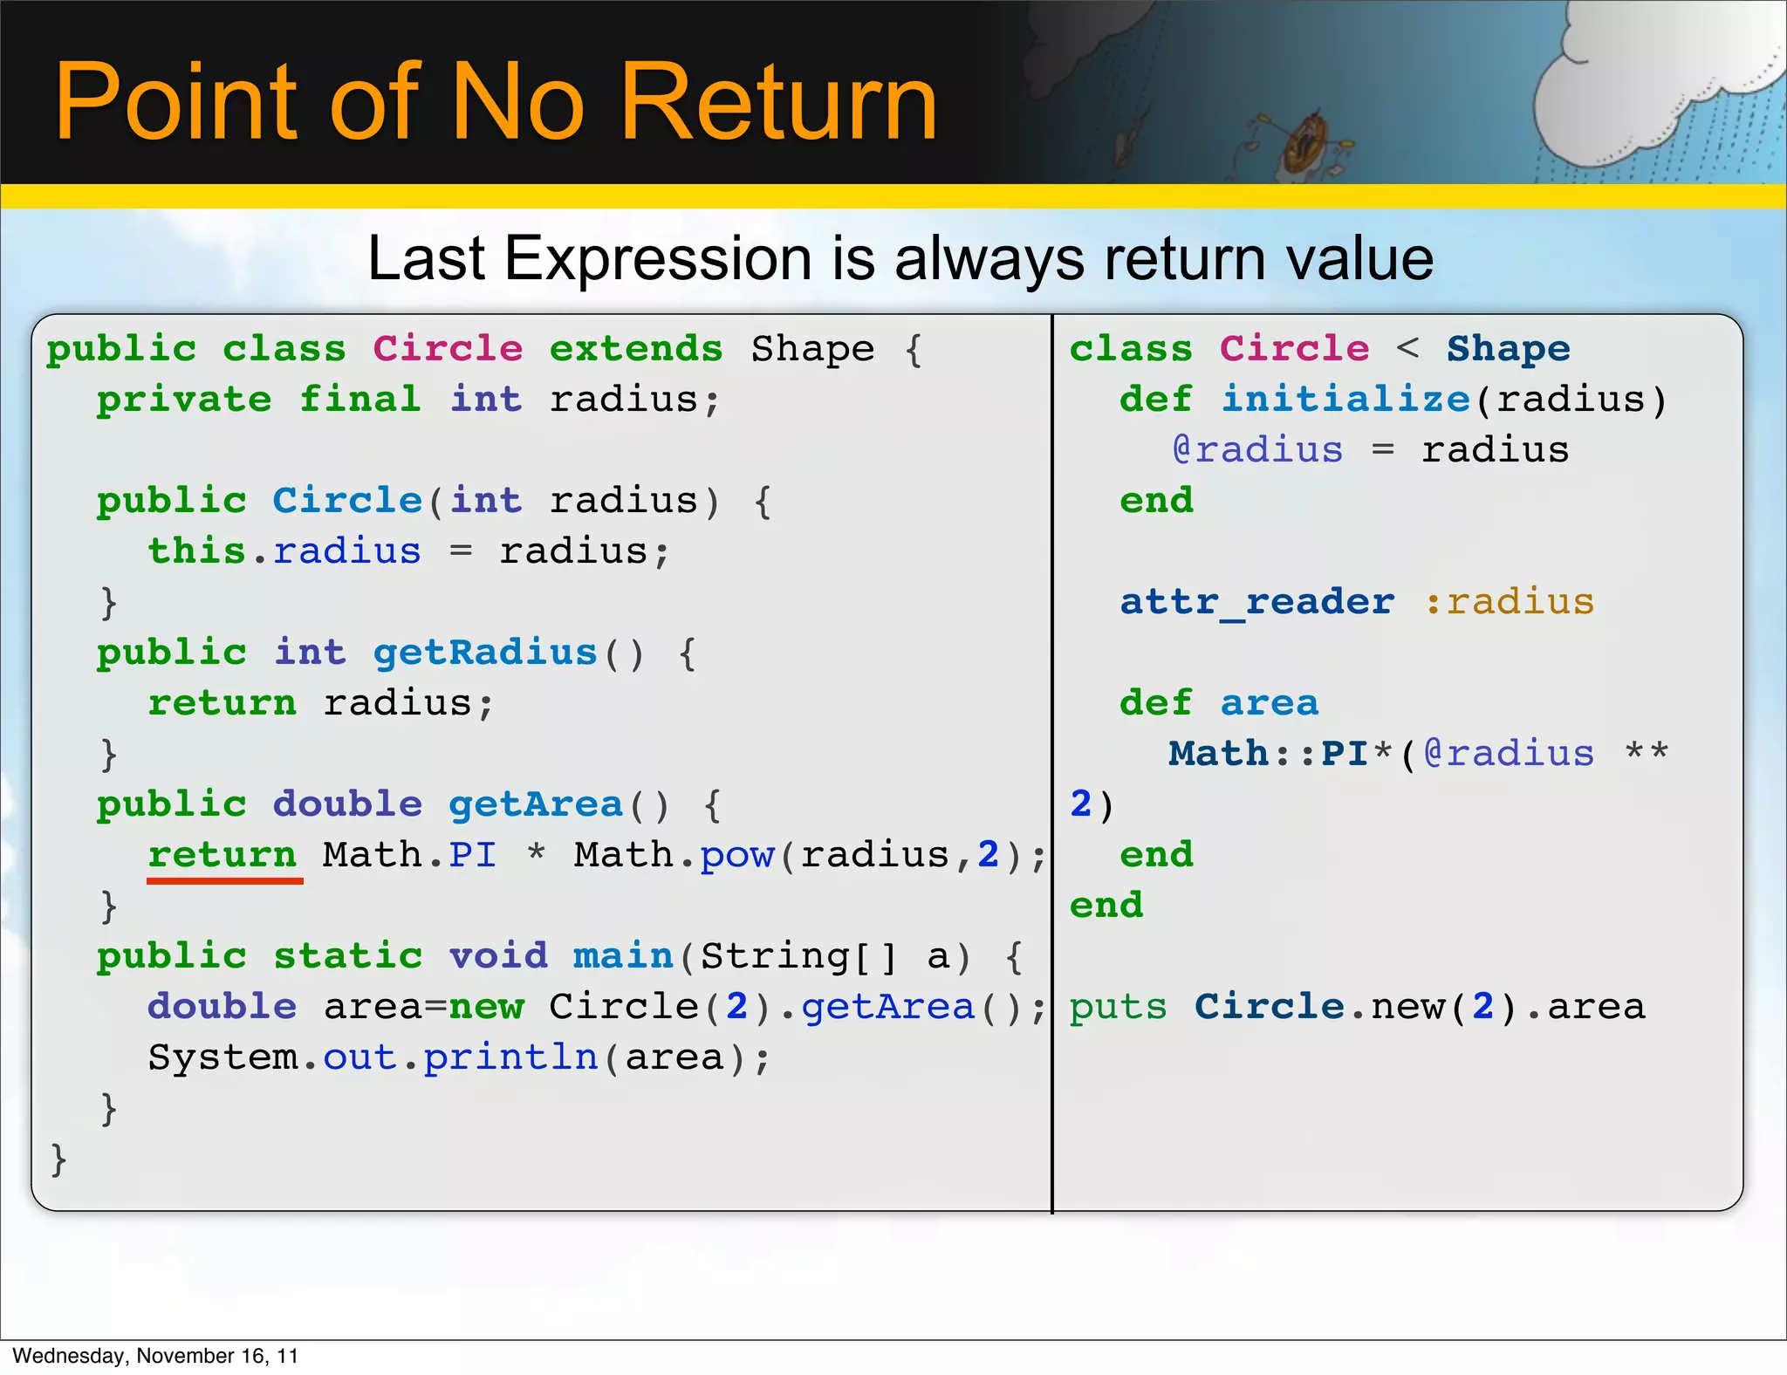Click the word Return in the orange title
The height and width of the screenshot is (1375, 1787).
777,102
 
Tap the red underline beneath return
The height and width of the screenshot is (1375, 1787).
224,881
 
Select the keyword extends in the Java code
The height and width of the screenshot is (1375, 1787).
636,349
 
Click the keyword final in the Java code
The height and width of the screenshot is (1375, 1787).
360,400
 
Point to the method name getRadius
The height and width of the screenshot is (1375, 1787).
485,653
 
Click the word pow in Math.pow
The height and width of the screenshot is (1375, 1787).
737,855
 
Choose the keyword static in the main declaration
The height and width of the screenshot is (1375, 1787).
348,956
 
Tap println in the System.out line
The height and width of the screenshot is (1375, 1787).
510,1057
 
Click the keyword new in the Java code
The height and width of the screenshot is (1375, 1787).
486,1007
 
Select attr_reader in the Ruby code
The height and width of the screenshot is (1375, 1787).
1257,602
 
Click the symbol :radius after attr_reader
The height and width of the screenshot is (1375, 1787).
1510,602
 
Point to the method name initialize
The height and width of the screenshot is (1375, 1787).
1345,400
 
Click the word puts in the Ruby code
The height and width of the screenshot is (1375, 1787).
1118,1007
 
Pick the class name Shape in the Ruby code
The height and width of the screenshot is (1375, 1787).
1509,349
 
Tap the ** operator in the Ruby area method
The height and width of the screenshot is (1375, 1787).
1647,752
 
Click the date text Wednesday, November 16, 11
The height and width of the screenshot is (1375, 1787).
155,1356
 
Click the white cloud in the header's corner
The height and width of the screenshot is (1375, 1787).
1640,87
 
